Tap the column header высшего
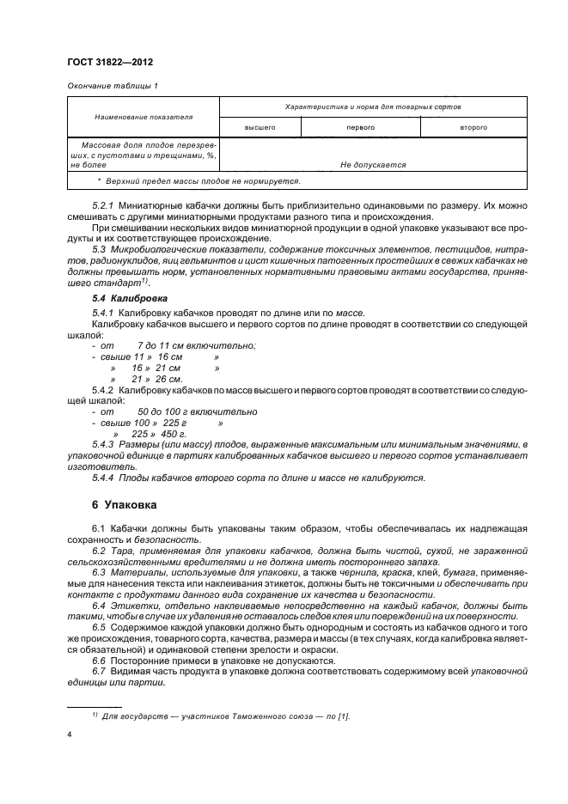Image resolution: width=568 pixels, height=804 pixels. (x=260, y=127)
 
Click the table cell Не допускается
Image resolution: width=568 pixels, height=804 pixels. (x=373, y=164)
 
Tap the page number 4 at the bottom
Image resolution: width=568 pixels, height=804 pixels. (x=69, y=735)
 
